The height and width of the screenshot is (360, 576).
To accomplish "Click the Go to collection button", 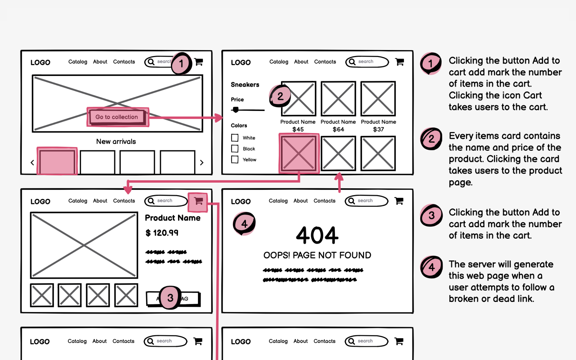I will coord(117,117).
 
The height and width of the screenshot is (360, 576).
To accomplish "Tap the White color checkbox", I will coord(235,138).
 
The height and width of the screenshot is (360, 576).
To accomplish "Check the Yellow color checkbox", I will coord(235,160).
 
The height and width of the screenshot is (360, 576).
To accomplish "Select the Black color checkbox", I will coord(235,149).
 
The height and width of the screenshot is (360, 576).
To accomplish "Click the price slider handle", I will coord(236,110).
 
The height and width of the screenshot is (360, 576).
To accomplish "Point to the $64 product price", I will coord(338,129).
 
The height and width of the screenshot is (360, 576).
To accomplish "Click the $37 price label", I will coord(378,129).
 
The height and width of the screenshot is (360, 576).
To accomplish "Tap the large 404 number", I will coord(317,235).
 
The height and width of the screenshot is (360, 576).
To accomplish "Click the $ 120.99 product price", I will coord(162,233).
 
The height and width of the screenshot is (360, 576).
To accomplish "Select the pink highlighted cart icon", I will coord(198,202).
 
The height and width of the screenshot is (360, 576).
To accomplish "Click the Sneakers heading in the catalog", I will coord(245,85).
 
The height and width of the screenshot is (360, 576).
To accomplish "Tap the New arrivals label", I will coord(116,141).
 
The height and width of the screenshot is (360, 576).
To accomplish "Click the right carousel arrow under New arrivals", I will coord(202,163).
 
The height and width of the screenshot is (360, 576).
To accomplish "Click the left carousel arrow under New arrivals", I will coord(32,163).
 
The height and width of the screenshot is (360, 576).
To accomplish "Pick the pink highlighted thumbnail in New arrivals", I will coord(57,161).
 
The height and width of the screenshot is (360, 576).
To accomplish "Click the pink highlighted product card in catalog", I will coord(299,154).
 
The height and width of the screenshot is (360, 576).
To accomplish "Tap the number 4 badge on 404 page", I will coord(244,224).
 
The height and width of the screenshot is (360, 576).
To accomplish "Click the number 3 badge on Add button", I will coord(170,297).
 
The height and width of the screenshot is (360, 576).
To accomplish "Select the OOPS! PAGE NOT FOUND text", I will coord(317,255).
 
